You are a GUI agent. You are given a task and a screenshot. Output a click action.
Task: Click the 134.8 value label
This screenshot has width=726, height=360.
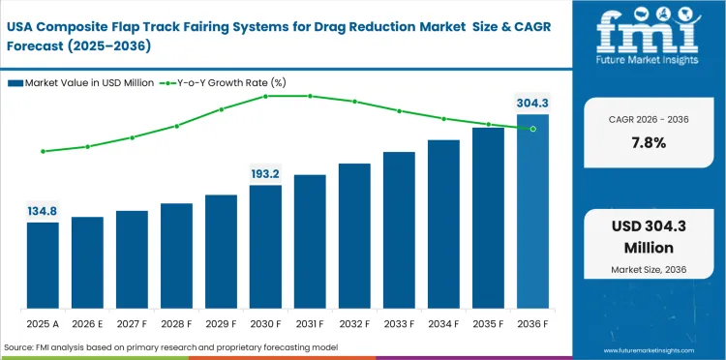pyautogui.click(x=43, y=211)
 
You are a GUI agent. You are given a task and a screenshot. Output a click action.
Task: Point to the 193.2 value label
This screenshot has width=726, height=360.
pyautogui.click(x=265, y=174)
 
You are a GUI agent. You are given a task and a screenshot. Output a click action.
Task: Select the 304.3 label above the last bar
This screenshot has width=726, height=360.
pyautogui.click(x=531, y=104)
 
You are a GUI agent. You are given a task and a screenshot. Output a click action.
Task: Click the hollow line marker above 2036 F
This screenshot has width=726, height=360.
pyautogui.click(x=532, y=129)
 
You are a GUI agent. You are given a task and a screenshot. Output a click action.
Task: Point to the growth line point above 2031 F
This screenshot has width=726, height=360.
pyautogui.click(x=310, y=96)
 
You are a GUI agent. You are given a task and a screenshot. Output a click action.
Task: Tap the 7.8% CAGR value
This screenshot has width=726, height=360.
pyautogui.click(x=648, y=142)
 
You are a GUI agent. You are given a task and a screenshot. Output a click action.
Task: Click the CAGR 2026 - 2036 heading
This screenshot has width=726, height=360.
pyautogui.click(x=648, y=118)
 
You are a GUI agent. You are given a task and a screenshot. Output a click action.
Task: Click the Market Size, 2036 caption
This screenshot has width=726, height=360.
pyautogui.click(x=648, y=268)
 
